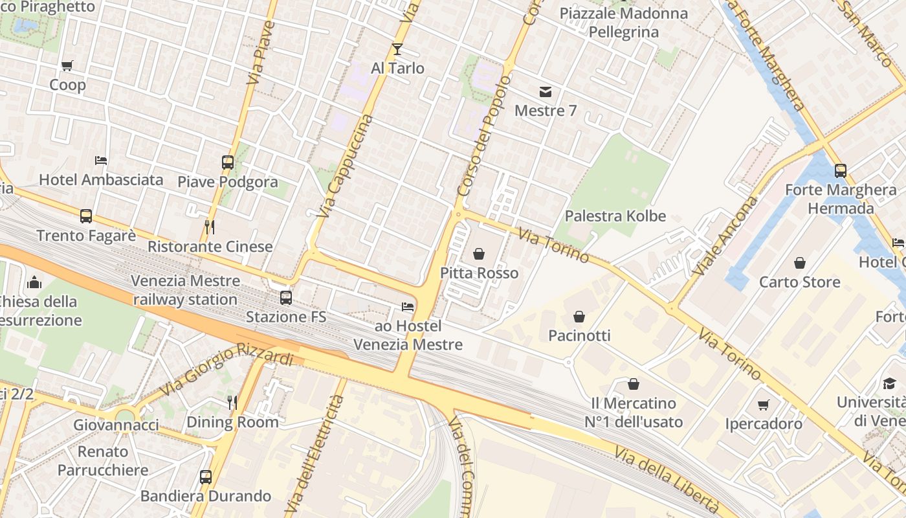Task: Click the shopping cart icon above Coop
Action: click(x=67, y=65)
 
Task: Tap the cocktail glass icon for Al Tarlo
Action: click(x=397, y=49)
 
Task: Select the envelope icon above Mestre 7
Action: click(x=546, y=92)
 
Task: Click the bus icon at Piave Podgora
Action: click(x=228, y=163)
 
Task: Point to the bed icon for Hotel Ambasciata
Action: click(x=101, y=161)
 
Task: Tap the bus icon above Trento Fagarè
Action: click(x=86, y=216)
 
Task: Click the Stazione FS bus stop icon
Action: click(x=285, y=298)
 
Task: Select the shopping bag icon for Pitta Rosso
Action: click(x=479, y=254)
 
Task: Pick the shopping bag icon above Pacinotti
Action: click(x=579, y=317)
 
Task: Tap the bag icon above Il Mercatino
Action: click(x=634, y=384)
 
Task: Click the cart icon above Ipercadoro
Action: click(x=764, y=405)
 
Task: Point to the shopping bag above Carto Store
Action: click(x=800, y=263)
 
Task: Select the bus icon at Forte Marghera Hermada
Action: click(x=841, y=171)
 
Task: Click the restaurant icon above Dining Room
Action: click(x=232, y=403)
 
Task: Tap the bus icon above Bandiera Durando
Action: click(x=206, y=477)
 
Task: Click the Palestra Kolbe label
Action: click(x=615, y=216)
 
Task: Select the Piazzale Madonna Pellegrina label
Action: click(x=623, y=23)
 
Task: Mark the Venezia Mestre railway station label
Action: click(x=185, y=290)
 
